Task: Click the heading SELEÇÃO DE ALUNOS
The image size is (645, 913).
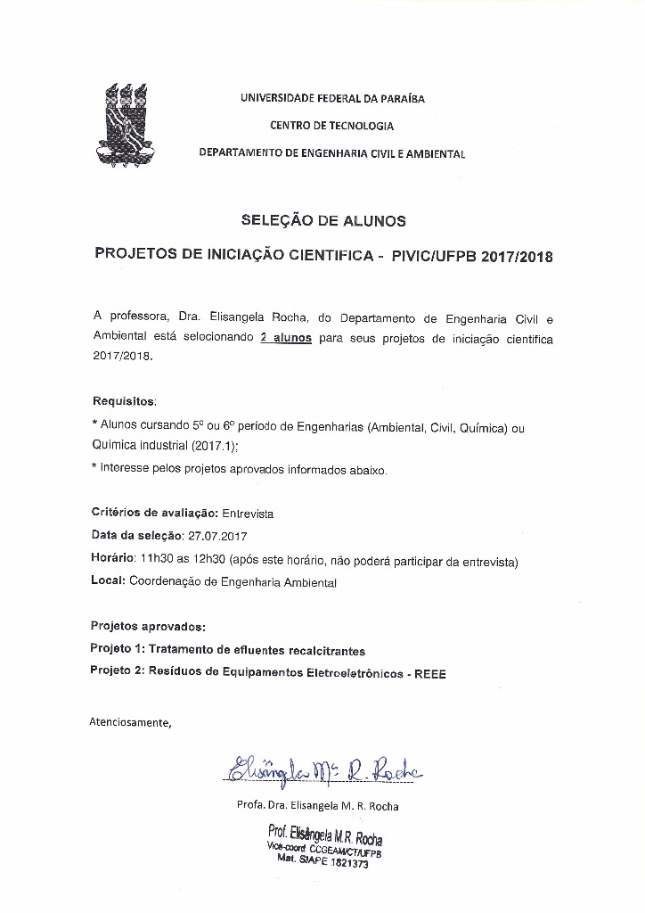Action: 323,219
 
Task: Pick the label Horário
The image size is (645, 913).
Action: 112,560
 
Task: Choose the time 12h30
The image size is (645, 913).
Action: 207,560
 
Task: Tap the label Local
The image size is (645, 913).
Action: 108,582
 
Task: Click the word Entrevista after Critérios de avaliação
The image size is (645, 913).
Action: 248,514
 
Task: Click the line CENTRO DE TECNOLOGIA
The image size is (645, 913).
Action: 331,127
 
